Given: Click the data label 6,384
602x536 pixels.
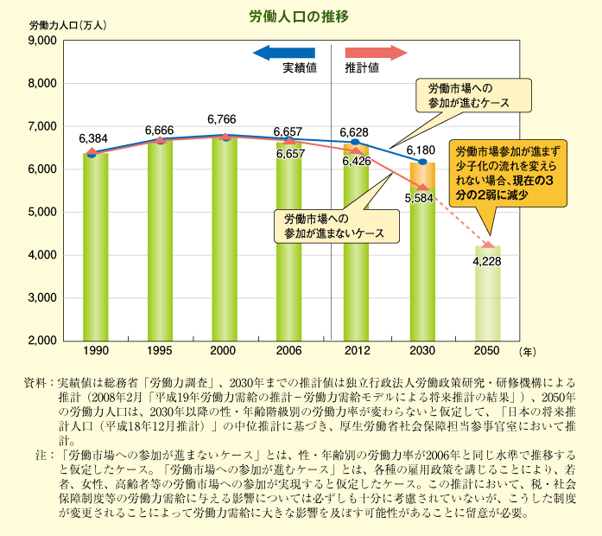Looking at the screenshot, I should coord(92,138).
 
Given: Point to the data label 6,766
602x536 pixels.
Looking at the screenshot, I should coord(222,119).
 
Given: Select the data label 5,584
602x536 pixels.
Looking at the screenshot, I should coord(417,199).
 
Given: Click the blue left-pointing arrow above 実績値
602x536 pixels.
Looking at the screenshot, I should coord(284,53).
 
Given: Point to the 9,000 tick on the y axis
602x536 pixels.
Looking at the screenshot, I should coord(41,41).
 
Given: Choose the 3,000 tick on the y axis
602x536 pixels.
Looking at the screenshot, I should coord(41,297).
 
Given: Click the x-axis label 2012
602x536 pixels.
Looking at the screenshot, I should coord(355,352).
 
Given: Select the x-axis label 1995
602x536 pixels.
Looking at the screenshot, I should coord(159,352).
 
